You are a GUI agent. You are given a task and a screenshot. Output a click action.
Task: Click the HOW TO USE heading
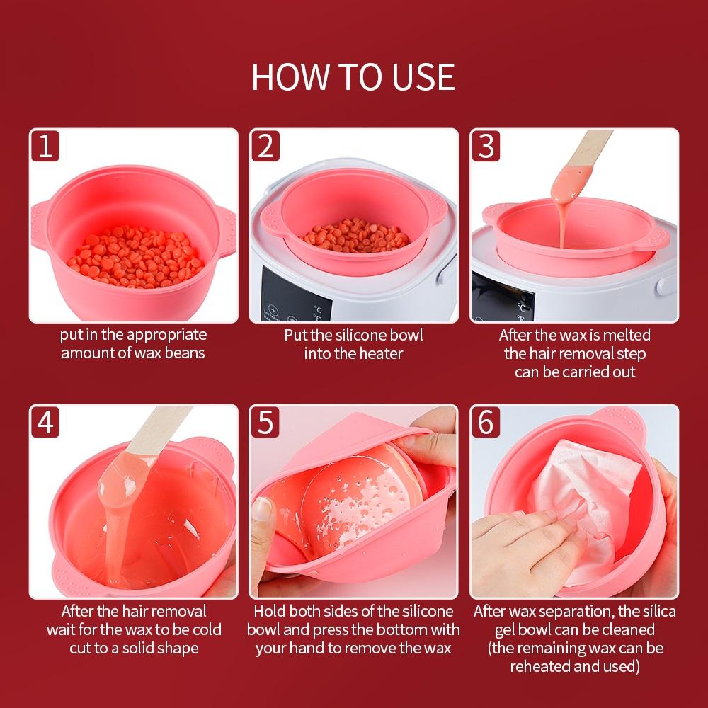353,76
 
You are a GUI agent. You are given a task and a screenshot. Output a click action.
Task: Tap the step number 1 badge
45,146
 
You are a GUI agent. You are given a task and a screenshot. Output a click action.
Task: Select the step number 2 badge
265,146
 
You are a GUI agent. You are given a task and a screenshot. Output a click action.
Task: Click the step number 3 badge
486,146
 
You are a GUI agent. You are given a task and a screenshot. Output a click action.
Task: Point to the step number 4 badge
45,422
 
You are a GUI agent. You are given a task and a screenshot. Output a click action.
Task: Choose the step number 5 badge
265,422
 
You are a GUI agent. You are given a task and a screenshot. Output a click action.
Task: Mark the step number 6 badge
486,422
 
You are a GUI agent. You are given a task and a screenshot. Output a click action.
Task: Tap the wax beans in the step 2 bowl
356,236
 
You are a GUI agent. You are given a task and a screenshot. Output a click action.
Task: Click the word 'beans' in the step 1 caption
184,353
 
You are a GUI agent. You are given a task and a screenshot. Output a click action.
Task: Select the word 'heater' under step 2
379,353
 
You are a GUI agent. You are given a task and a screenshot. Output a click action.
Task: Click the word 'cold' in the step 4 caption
207,629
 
